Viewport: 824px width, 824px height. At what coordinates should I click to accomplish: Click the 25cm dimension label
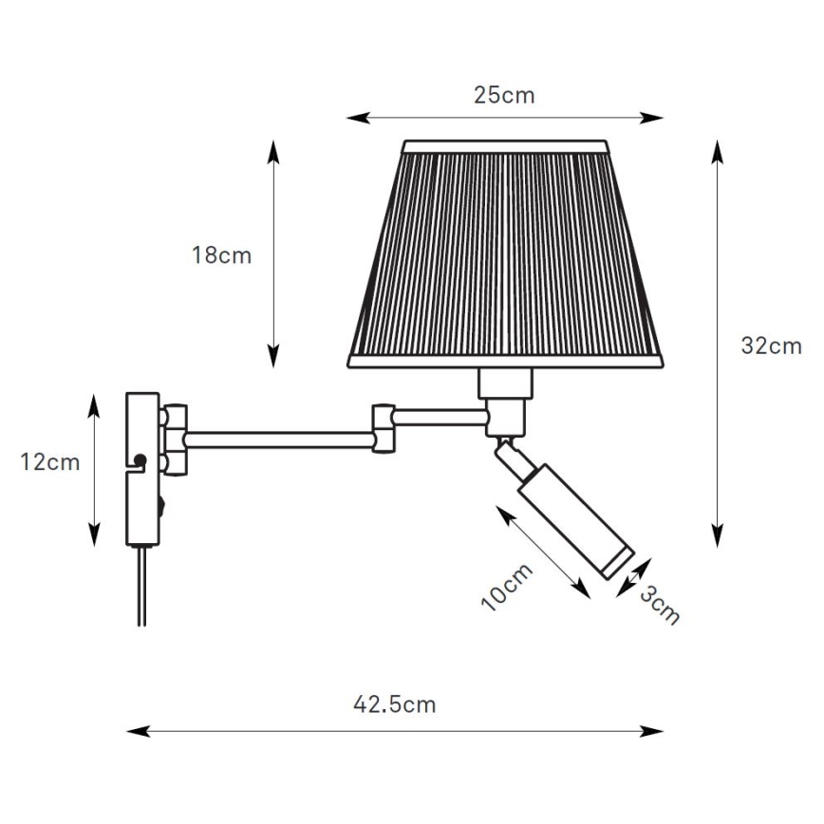[x=504, y=95]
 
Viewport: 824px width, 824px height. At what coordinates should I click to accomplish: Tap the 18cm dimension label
[x=221, y=255]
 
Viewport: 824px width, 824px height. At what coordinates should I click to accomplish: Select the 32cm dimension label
[x=771, y=346]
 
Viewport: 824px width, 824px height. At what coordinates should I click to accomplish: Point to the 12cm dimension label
[x=49, y=462]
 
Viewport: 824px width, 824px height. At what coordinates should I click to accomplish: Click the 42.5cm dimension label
[x=394, y=704]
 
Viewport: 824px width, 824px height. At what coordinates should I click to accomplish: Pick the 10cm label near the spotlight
[x=509, y=586]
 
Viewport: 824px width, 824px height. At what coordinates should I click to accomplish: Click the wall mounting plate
[x=142, y=469]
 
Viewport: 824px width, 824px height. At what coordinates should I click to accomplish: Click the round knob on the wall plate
[x=140, y=461]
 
